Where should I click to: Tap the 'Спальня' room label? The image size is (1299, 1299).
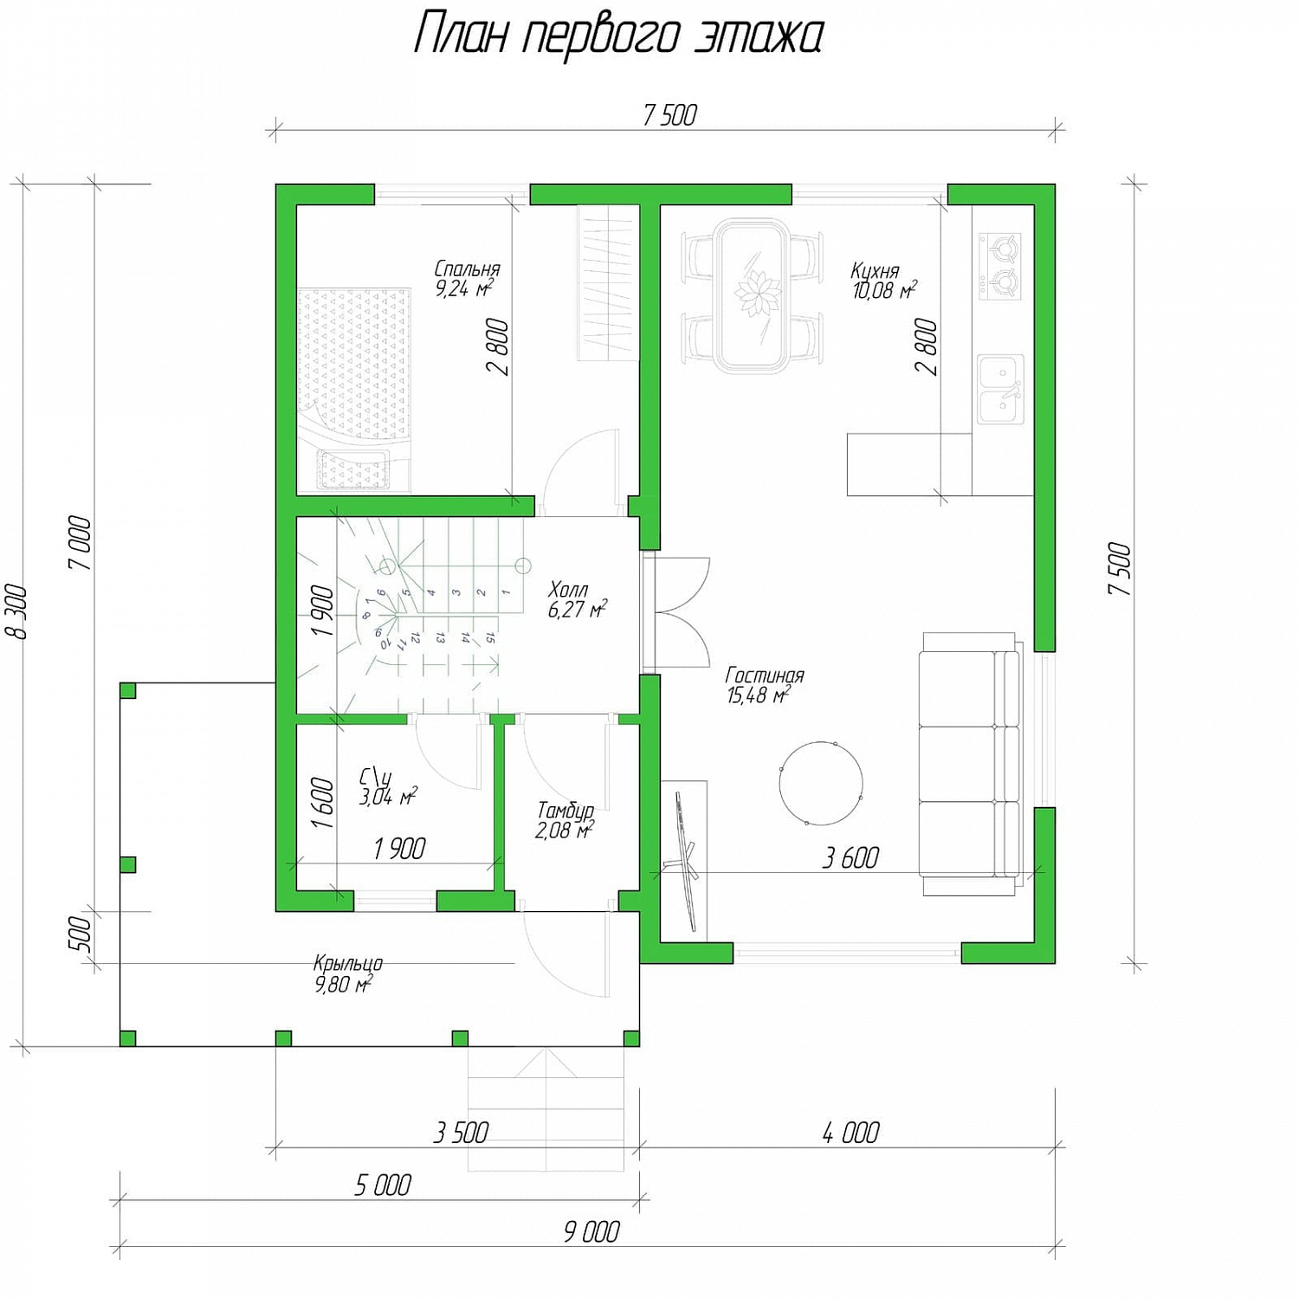pos(468,269)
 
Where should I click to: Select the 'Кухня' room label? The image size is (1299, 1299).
pos(875,271)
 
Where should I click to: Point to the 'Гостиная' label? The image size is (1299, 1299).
pos(765,675)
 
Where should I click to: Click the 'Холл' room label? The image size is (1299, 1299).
pos(568,590)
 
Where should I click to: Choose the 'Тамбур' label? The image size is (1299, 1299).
pos(565,811)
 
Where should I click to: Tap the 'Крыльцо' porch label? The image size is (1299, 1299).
pos(348,963)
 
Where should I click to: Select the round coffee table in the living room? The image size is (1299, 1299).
pos(821,783)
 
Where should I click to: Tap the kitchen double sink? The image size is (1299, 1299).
pos(1000,389)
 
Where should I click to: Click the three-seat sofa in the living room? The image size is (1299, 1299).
pos(970,763)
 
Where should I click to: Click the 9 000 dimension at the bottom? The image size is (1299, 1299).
pos(591,1231)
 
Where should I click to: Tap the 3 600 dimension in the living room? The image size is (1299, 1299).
pos(850,858)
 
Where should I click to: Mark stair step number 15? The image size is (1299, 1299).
pos(490,638)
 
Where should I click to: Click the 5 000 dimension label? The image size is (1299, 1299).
pos(383,1185)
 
